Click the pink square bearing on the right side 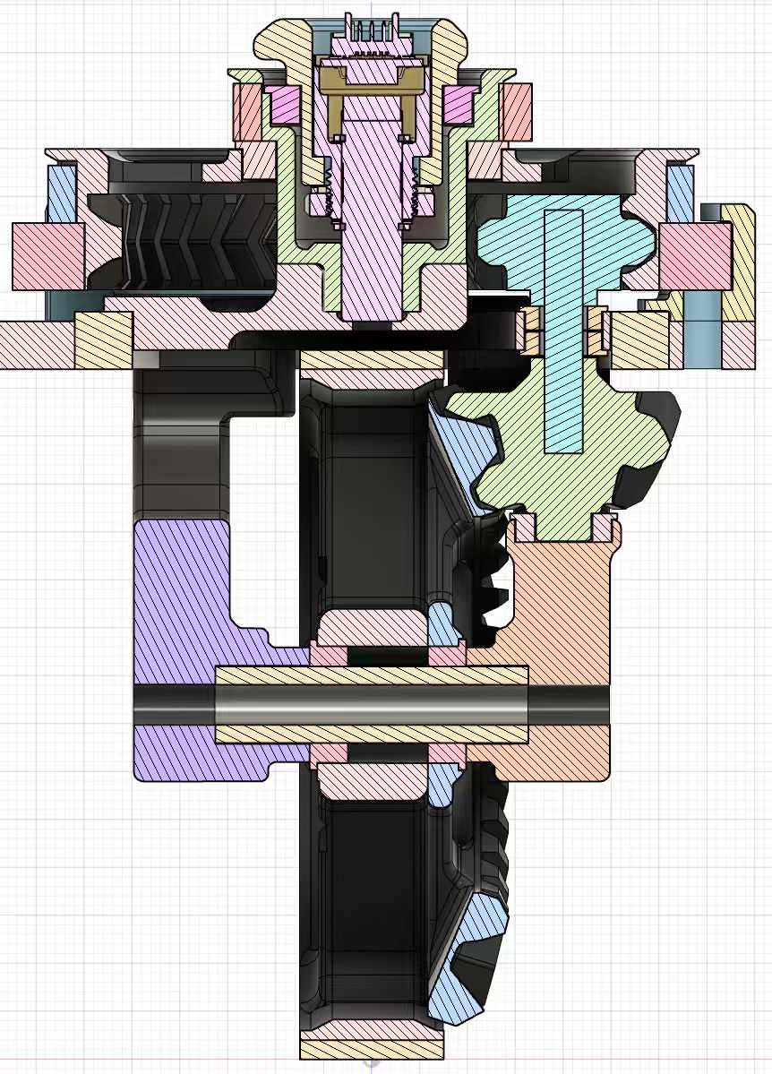point(695,256)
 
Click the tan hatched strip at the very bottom point(371,1048)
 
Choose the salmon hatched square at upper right point(516,107)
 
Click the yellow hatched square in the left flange point(104,340)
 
